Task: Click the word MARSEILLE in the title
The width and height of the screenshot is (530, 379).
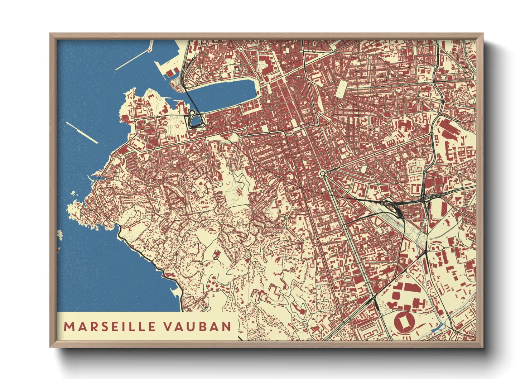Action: point(110,326)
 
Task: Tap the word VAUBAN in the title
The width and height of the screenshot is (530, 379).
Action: point(197,326)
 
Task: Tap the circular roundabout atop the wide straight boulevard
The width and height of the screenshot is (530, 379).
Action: point(323,174)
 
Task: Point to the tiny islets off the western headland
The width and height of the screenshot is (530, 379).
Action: point(74,194)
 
